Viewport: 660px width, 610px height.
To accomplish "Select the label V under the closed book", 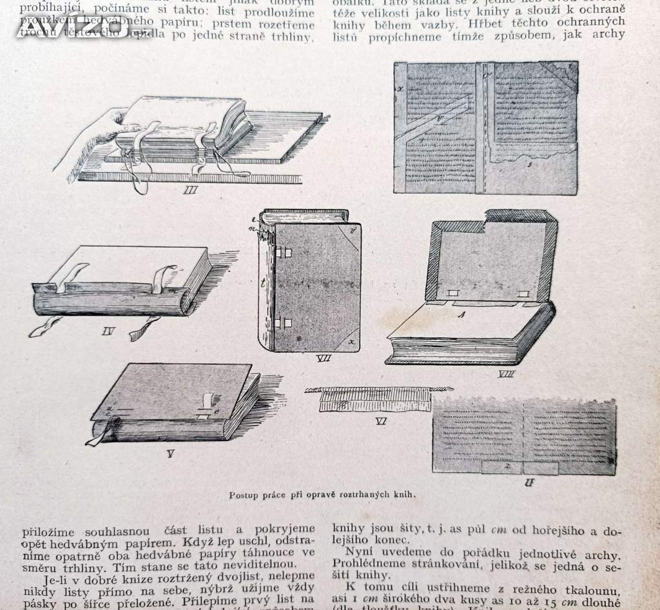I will [x=170, y=453].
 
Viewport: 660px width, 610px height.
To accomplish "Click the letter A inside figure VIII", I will [x=460, y=315].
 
